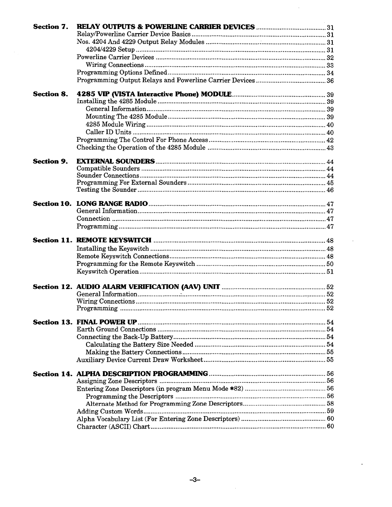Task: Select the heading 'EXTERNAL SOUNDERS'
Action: [x=116, y=161]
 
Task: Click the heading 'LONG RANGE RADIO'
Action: [x=112, y=204]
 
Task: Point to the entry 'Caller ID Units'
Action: [x=108, y=132]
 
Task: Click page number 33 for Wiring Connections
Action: [x=330, y=65]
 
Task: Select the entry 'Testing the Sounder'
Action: [x=107, y=190]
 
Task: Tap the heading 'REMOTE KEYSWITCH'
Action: [x=114, y=240]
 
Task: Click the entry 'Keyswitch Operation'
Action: [x=108, y=272]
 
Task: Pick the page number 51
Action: [x=330, y=272]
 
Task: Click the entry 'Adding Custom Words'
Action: [x=110, y=411]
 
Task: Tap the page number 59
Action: [x=330, y=411]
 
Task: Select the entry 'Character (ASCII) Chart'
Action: [x=114, y=427]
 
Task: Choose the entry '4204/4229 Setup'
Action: [x=110, y=50]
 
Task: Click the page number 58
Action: [x=330, y=404]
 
